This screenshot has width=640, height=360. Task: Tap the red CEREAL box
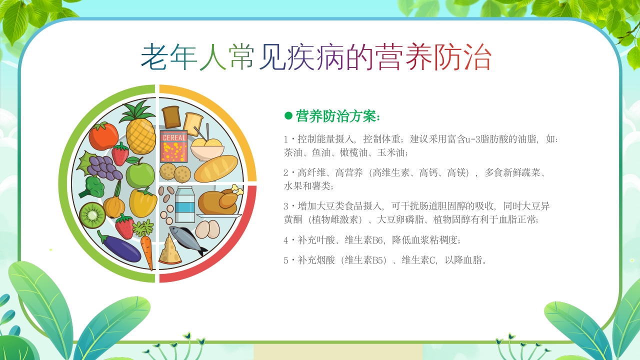point(173,146)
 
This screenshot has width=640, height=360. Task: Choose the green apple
point(140,173)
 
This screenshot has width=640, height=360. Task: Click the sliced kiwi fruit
point(92,215)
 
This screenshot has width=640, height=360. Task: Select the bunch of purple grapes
point(104,166)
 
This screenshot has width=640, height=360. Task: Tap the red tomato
point(103,136)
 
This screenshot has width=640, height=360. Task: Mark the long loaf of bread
point(216,168)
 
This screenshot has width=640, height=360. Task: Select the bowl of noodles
point(206,147)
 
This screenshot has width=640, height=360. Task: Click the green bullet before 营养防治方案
point(288,116)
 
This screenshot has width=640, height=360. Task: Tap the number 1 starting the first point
point(286,139)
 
